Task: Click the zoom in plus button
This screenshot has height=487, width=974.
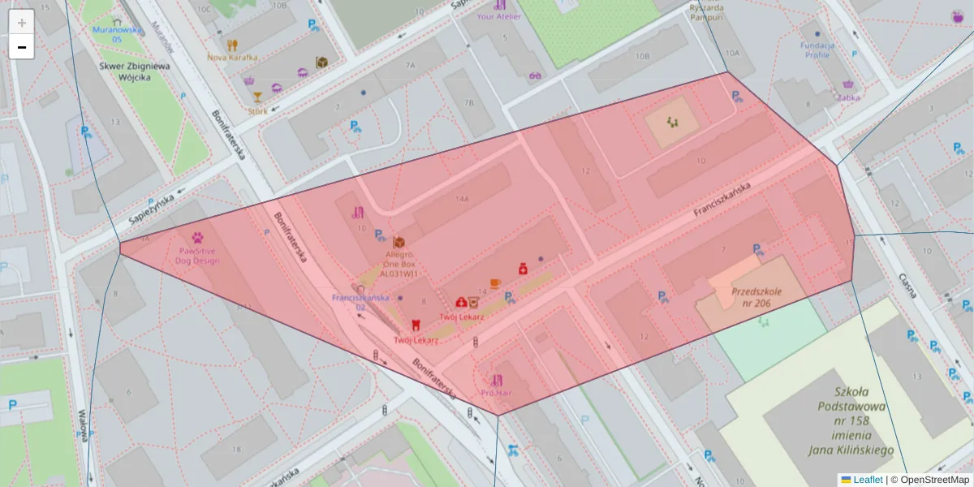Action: tap(22, 22)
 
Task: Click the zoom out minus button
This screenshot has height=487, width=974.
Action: tap(22, 47)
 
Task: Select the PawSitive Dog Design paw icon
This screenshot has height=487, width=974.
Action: tap(198, 238)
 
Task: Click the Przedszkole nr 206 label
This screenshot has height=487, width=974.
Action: tap(756, 296)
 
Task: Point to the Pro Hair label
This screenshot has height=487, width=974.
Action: tap(496, 393)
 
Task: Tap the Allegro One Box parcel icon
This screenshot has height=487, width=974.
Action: tap(399, 243)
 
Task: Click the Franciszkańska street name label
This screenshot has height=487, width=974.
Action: tap(722, 200)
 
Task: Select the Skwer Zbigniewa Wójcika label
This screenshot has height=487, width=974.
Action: tap(133, 72)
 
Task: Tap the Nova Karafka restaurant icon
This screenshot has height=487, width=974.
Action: tap(232, 45)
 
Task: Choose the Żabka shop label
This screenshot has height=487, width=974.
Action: tap(848, 97)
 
